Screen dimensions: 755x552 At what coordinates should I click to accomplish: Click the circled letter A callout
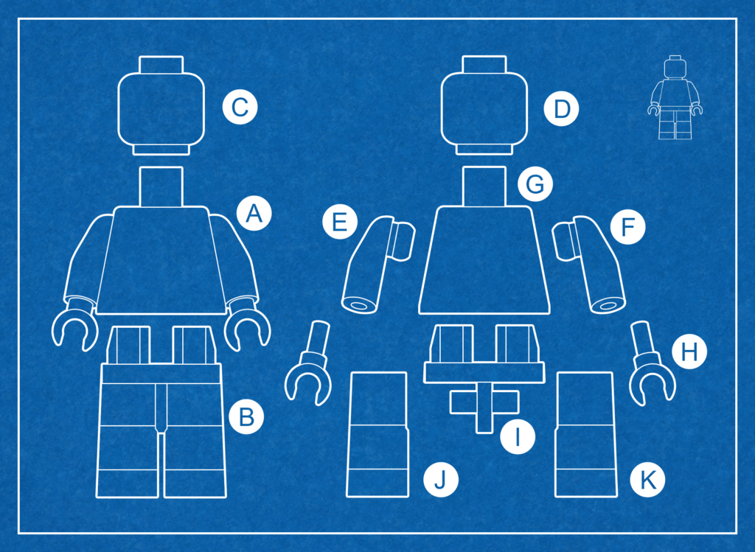tap(254, 213)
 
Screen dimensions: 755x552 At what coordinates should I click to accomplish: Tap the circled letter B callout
tap(246, 416)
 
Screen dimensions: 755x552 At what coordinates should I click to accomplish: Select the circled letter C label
tap(240, 107)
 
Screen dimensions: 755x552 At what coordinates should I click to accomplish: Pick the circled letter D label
tap(561, 109)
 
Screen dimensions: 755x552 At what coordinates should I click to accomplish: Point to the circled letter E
tap(340, 222)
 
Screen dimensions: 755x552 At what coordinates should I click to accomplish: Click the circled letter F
tap(628, 227)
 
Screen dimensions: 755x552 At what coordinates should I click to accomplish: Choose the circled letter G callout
tap(535, 184)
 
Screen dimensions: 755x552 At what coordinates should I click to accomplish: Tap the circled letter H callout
tap(689, 352)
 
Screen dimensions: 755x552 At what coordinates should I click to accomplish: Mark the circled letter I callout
tap(518, 436)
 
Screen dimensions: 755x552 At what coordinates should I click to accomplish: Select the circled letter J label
tap(441, 479)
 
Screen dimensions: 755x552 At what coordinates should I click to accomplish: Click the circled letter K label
tap(647, 479)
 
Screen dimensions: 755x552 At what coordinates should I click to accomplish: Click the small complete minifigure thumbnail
tap(675, 98)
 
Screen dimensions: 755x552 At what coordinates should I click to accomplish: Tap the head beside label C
tap(161, 105)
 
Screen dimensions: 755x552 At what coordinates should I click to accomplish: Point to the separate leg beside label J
tap(377, 434)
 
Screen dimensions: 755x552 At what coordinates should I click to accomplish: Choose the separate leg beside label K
tap(585, 434)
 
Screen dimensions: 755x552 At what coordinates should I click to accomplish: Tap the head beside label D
tap(484, 105)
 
